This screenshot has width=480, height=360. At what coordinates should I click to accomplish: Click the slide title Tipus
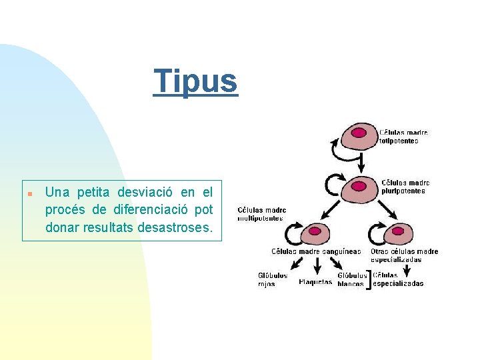tap(195, 81)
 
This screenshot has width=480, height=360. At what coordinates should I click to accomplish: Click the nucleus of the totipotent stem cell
tap(359, 132)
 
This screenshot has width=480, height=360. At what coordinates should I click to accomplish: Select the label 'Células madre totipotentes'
tap(403, 137)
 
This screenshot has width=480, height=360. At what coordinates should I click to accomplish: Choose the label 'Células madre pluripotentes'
tap(405, 187)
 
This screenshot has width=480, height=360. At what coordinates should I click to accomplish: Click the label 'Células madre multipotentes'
tap(261, 214)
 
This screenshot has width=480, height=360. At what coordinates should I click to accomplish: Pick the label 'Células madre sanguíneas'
tap(316, 251)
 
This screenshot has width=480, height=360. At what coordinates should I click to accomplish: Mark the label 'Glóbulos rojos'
tap(272, 279)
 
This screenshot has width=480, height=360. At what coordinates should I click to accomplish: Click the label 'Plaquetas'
tap(315, 282)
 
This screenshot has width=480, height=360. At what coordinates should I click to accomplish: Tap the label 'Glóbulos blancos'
tap(351, 279)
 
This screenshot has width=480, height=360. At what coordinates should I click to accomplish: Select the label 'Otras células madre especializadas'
tap(404, 255)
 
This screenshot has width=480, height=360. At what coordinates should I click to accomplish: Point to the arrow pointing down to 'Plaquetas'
tap(317, 266)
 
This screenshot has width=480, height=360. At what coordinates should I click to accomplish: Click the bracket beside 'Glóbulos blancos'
tap(369, 279)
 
